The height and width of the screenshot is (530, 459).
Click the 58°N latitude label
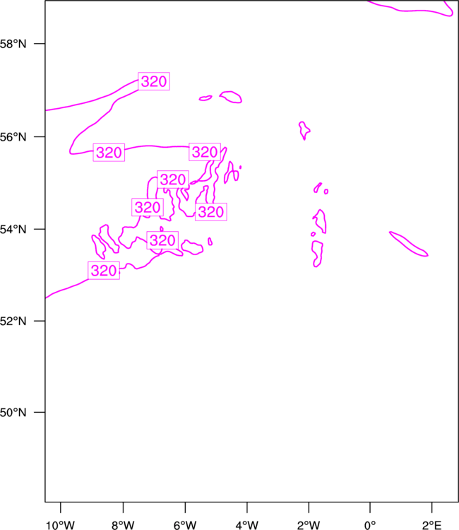13,44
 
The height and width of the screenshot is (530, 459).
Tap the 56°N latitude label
13,137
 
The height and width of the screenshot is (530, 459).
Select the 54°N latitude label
13,229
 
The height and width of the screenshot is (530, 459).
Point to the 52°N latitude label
13,321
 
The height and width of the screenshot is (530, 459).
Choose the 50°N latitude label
13,413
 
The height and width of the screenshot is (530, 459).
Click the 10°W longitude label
60,525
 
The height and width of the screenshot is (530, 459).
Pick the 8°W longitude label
123,525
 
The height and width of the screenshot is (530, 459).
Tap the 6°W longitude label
185,525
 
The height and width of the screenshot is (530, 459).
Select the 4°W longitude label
247,525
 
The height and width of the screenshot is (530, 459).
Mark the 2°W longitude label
309,525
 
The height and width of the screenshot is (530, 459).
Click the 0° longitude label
370,525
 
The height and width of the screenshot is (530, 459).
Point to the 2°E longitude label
432,525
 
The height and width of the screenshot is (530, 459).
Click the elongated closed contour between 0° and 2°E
408,244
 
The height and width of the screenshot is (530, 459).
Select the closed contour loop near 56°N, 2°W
304,130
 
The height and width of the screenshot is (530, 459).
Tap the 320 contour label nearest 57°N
154,81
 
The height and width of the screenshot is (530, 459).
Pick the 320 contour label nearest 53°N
104,271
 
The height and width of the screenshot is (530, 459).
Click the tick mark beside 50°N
40,413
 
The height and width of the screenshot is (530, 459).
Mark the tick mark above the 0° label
370,507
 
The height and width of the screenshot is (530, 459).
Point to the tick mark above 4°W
247,507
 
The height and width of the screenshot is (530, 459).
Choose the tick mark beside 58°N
40,44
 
